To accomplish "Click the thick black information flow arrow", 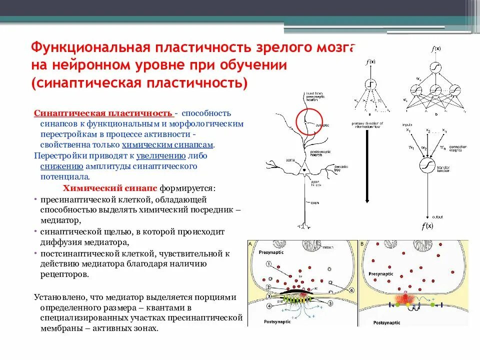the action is [x=367, y=165].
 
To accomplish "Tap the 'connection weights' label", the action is [x=457, y=148].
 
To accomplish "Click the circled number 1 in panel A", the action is [x=268, y=264].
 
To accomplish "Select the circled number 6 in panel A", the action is [x=351, y=290].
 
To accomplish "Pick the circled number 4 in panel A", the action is [x=268, y=305].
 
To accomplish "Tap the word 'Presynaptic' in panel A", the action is [x=271, y=253].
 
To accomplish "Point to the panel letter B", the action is [x=361, y=243].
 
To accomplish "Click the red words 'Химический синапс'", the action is [x=110, y=188].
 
